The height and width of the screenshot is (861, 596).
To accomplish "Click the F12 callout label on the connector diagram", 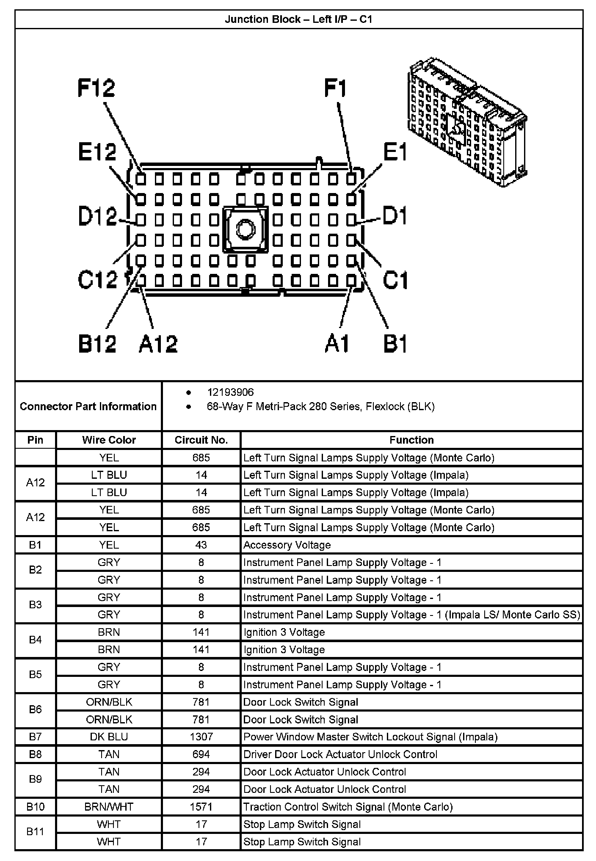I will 96,88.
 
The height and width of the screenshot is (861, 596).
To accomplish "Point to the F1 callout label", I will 335,88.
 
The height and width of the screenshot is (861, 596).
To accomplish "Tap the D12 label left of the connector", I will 97,216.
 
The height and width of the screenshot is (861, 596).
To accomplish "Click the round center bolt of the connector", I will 245,230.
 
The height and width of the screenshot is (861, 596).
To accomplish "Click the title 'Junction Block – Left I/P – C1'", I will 298,19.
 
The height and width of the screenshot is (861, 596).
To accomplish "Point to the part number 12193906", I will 230,392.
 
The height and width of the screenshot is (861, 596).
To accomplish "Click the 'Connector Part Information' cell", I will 88,406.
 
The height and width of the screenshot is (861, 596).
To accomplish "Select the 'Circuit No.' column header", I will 201,440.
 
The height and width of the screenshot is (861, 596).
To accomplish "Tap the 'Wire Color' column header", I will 109,440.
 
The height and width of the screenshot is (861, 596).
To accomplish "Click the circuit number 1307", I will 201,737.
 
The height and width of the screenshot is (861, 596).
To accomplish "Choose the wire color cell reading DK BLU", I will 109,737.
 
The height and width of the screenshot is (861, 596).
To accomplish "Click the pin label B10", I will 35,807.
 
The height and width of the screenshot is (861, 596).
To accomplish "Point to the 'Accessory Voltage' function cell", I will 287,545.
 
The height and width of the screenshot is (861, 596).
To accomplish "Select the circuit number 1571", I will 201,807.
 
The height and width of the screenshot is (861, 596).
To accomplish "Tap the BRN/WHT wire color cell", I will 109,807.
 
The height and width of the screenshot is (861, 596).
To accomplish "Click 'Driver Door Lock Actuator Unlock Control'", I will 340,754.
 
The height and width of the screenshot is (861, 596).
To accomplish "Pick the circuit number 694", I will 201,754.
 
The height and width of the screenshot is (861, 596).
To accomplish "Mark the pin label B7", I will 35,737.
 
